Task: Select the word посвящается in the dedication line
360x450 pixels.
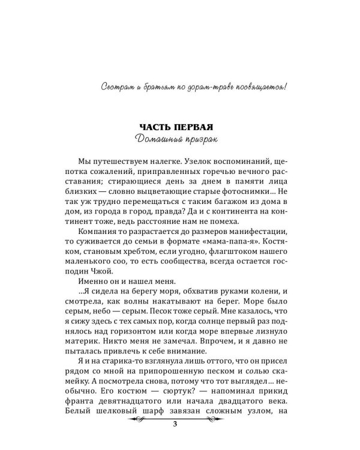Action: click(x=259, y=88)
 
